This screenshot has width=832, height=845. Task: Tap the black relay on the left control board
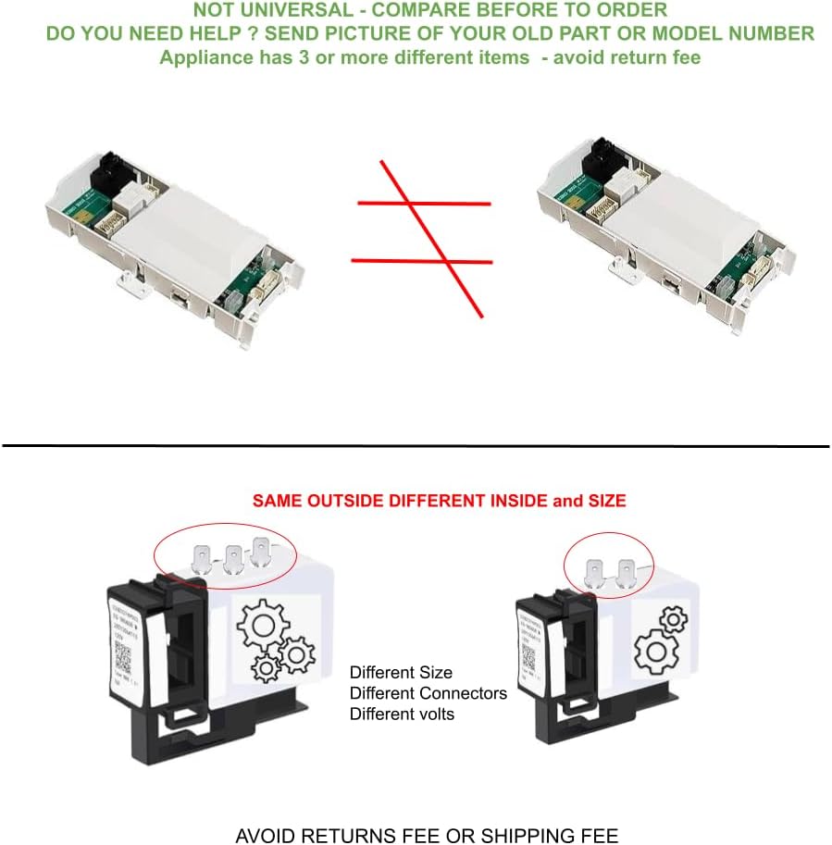[x=109, y=168]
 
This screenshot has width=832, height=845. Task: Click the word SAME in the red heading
[x=279, y=501]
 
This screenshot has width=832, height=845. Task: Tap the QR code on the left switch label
[x=124, y=653]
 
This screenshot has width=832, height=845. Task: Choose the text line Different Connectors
[x=428, y=693]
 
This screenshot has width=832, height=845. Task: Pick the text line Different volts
[x=401, y=714]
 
